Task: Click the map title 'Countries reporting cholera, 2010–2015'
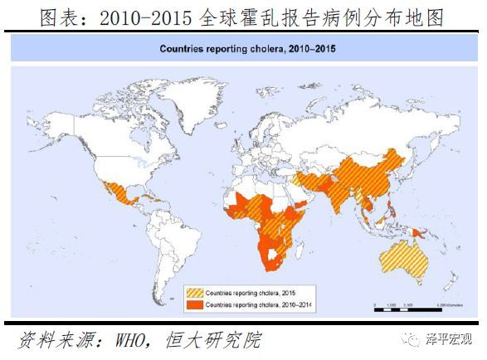[x=244, y=49]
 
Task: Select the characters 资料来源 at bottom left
[x=48, y=340]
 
